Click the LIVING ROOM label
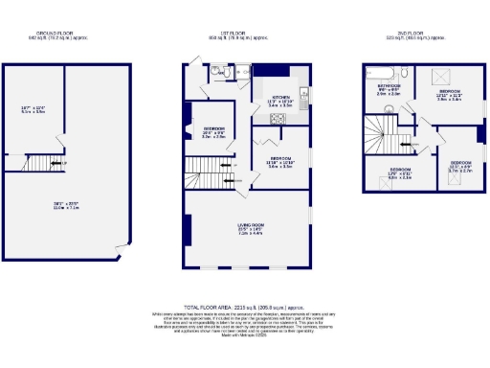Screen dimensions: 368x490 coord(250,228)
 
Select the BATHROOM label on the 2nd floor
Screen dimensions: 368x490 coord(389,90)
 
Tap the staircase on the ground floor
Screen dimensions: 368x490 coord(43,166)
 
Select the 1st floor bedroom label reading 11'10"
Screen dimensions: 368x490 coord(279,162)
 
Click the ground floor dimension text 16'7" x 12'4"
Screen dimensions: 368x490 coord(34,108)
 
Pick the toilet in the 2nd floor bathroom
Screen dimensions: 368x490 coord(407,72)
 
